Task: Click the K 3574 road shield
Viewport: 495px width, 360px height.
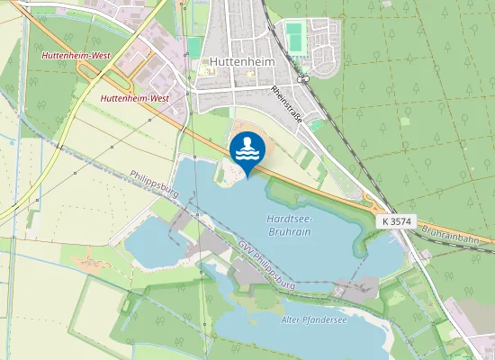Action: click(x=397, y=220)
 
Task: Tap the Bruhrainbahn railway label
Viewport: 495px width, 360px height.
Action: click(x=456, y=236)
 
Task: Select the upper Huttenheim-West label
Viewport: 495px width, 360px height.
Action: click(x=75, y=56)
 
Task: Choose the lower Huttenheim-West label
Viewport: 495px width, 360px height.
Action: click(x=135, y=97)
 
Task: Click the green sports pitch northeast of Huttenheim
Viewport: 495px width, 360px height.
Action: click(x=294, y=38)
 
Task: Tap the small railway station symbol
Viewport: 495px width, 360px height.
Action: click(x=303, y=79)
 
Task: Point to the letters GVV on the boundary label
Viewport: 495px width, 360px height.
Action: click(x=244, y=247)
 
